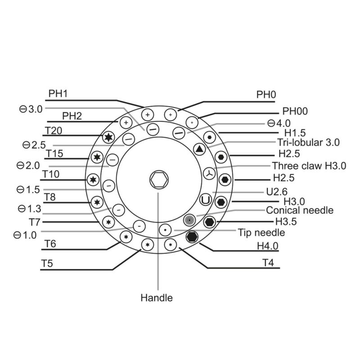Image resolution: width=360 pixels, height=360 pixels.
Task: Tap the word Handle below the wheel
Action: [157, 297]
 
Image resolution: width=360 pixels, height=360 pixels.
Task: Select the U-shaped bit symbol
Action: [206, 199]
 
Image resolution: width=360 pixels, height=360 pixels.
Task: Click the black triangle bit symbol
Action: [199, 148]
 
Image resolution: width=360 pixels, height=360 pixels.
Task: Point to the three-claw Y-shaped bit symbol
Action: [208, 173]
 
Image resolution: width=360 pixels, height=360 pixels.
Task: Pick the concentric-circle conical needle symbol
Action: [190, 219]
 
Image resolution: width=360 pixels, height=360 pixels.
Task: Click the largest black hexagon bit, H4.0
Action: [192, 237]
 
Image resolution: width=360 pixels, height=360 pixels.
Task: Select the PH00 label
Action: [295, 111]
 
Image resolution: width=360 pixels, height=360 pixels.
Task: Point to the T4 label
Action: [268, 262]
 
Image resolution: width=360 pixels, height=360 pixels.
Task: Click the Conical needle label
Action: [300, 210]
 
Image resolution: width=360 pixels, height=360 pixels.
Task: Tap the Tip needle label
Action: [261, 232]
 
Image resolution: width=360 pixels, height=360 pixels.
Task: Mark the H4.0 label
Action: [268, 246]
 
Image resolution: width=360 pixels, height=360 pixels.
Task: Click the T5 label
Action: [48, 263]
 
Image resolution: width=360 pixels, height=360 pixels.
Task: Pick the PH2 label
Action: [72, 116]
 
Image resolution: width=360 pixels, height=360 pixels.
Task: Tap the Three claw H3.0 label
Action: [309, 166]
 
